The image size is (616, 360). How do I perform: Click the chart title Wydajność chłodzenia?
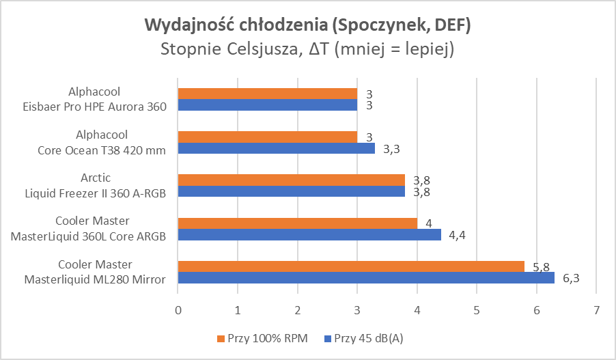tap(307, 26)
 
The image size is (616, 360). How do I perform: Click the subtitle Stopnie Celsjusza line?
tap(307, 50)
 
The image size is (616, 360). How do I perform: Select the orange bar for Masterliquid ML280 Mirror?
tap(350, 266)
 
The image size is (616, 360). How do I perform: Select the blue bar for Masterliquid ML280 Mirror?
tap(365, 278)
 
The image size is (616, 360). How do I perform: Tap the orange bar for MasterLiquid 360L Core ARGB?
tap(297, 223)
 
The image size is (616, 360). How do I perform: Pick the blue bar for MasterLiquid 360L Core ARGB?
tap(309, 235)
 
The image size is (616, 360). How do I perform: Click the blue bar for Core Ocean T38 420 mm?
tap(276, 148)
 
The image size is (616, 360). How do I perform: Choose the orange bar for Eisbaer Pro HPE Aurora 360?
tap(267, 94)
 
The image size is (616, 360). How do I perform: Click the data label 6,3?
tap(570, 278)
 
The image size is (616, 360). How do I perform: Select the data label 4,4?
tap(457, 235)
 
